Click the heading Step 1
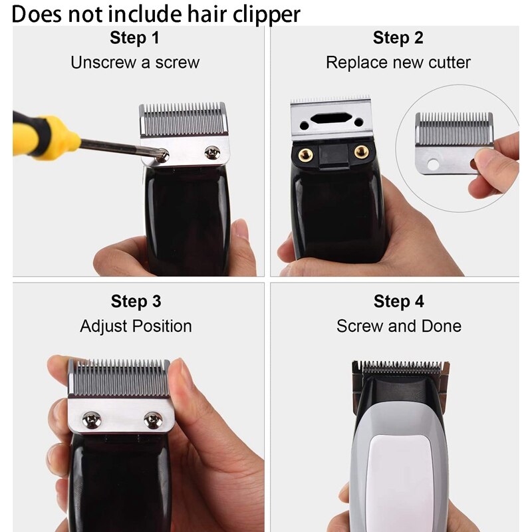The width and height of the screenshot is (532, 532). click(134, 38)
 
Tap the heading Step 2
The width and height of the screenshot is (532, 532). click(398, 38)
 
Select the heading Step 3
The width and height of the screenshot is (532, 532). click(136, 301)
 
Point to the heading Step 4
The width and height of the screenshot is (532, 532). click(398, 301)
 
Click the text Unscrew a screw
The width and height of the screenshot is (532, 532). click(134, 63)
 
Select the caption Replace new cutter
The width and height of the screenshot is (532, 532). click(398, 63)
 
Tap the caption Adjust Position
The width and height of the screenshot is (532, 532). click(136, 326)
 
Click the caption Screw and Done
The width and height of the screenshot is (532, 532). click(398, 326)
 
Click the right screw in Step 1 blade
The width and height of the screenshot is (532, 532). click(212, 152)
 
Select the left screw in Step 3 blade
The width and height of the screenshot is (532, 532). click(91, 419)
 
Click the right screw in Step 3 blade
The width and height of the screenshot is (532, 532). click(153, 419)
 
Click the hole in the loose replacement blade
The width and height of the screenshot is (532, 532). click(435, 163)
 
